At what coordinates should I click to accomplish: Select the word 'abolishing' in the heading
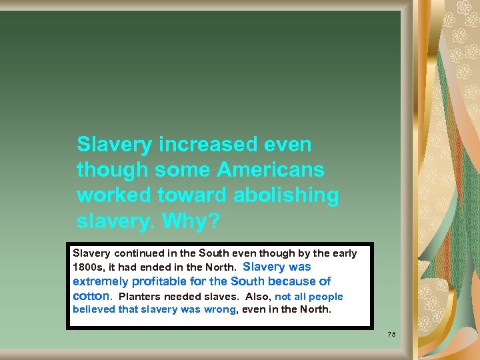point(287,195)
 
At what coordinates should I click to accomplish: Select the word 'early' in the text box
point(343,253)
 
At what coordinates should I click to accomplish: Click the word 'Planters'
point(139,297)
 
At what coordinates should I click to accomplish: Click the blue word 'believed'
point(94,309)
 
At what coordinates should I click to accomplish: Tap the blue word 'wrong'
point(221,309)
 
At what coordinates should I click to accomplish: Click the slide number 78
point(392,333)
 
